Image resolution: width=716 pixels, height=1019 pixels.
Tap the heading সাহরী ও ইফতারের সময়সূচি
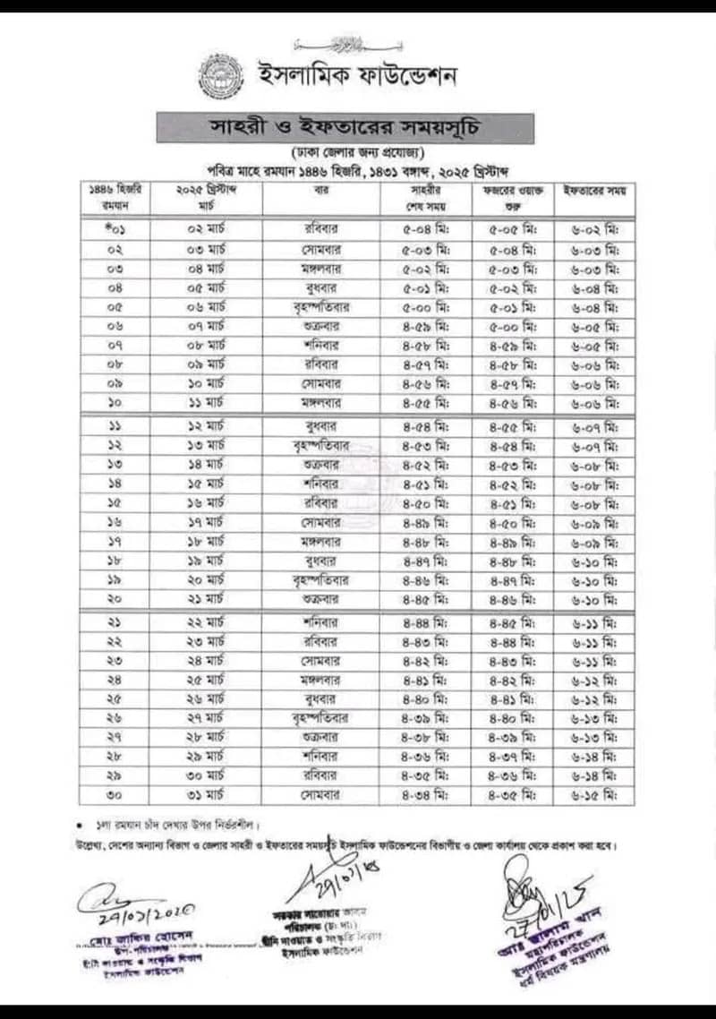tap(345, 126)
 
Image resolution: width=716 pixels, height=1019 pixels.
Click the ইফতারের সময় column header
tap(593, 191)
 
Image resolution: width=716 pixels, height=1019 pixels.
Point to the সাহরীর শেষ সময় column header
tap(428, 198)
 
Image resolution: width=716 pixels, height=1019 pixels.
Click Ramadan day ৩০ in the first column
tap(117, 794)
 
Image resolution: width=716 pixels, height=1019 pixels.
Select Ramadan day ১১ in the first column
tap(117, 425)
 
